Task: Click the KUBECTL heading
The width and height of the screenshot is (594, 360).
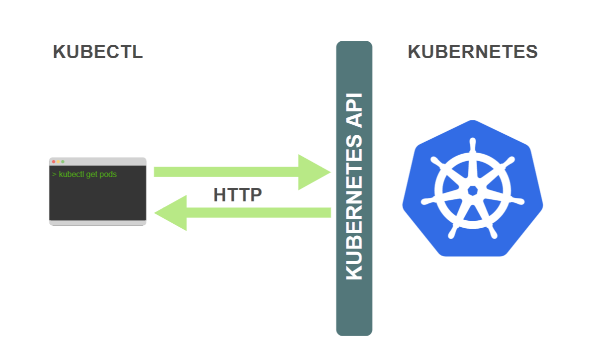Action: (97, 52)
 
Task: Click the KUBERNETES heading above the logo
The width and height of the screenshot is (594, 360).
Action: (472, 52)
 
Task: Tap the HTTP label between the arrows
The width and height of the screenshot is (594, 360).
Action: (237, 195)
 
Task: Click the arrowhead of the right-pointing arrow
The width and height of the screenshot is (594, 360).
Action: (313, 172)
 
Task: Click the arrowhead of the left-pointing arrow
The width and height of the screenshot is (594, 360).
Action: (171, 213)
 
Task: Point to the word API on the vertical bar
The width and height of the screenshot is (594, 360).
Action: (354, 111)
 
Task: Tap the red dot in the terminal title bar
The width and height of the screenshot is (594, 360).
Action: (54, 162)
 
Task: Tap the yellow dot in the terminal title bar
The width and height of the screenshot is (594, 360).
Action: (58, 162)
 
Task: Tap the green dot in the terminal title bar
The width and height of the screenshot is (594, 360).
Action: (63, 162)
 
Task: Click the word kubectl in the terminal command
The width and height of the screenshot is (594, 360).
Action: (72, 175)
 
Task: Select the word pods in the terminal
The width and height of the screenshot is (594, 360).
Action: (108, 175)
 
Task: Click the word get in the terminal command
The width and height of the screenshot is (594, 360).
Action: (92, 175)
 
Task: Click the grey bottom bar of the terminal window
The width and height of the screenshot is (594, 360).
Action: (97, 223)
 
